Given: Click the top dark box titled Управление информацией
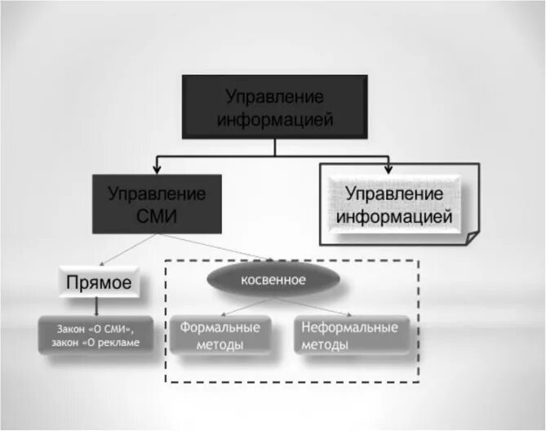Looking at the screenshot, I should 275,107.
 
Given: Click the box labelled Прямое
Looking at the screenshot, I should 98,284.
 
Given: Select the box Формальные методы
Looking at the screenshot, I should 220,335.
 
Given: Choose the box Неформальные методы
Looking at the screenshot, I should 349,335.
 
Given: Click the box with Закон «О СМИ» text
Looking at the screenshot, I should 95,335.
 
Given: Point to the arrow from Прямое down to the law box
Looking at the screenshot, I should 98,307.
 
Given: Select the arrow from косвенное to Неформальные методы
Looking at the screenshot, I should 313,305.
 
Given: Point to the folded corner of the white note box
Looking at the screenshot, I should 471,237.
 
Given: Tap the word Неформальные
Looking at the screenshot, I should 349,327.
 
